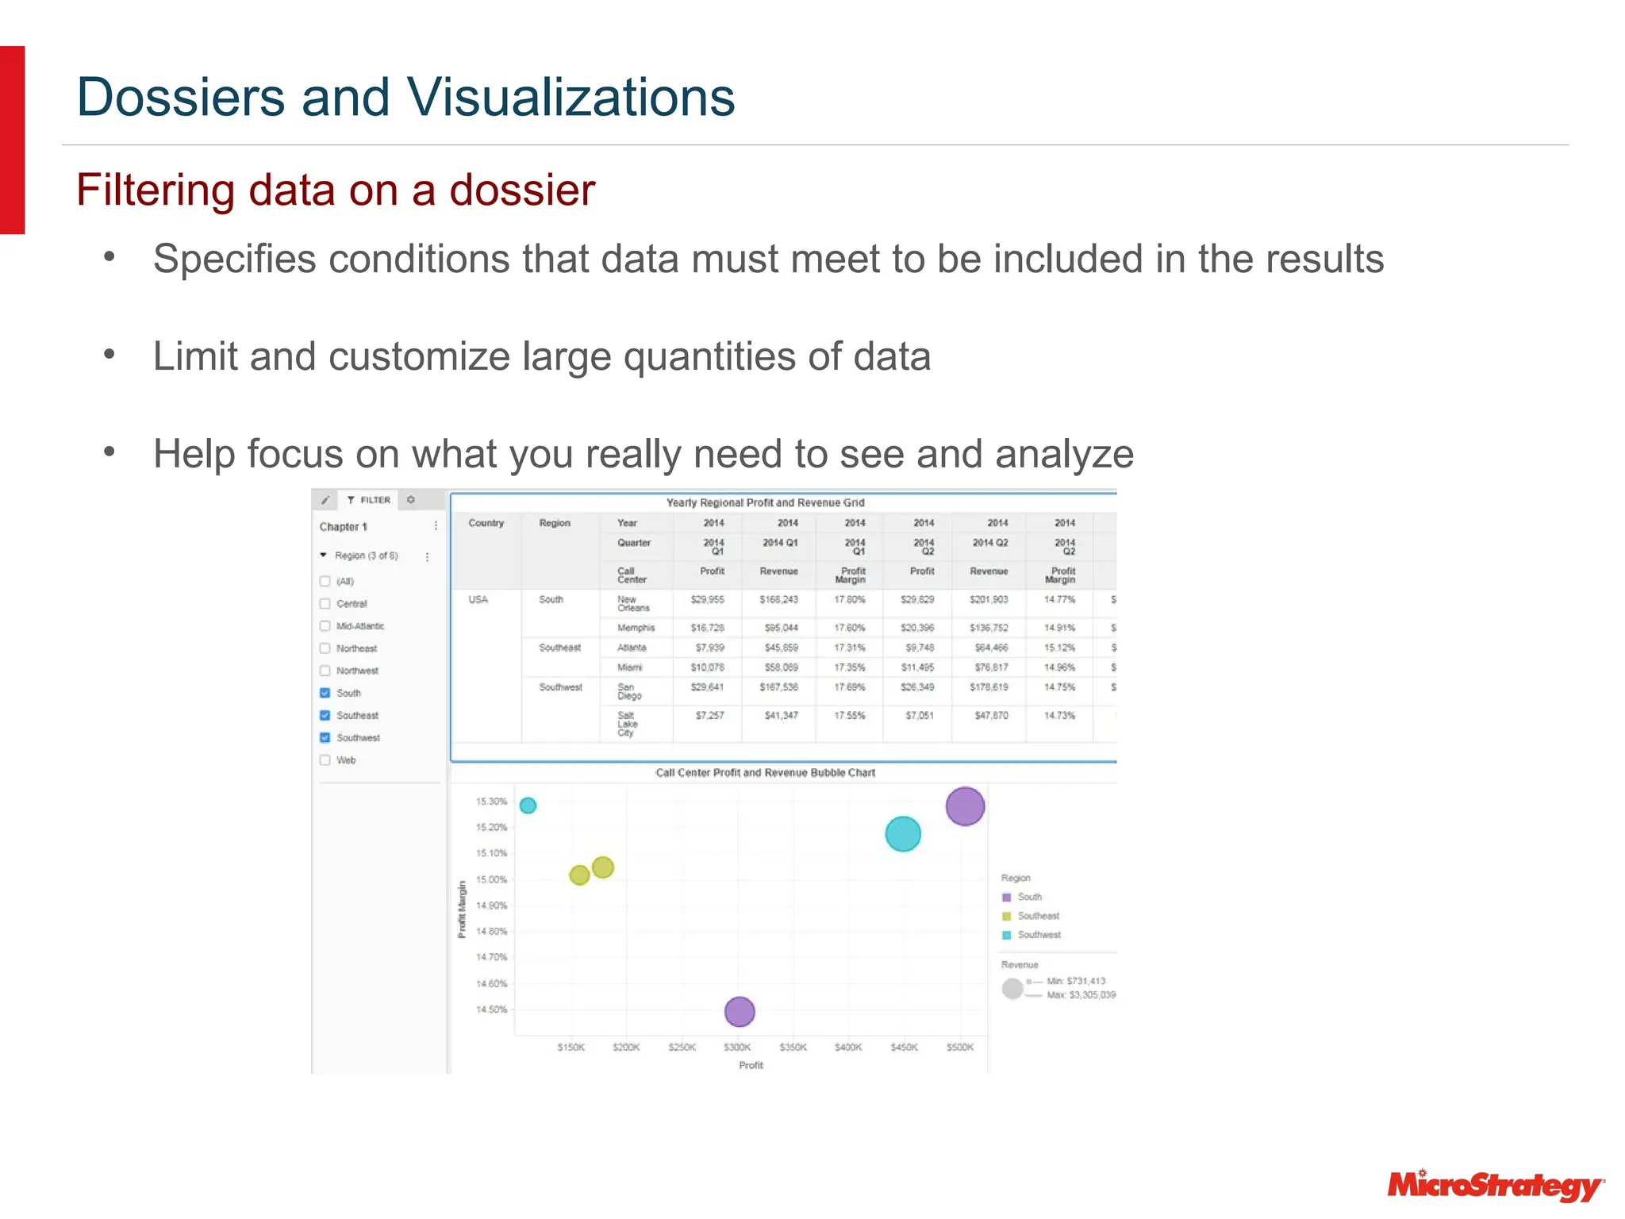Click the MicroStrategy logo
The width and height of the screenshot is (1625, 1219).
tap(1495, 1185)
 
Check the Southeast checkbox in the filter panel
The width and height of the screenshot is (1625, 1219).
tap(325, 715)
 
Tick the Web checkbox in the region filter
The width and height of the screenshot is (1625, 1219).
tap(325, 759)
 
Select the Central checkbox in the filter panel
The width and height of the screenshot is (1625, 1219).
tap(325, 603)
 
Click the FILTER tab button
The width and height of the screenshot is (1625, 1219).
tap(369, 500)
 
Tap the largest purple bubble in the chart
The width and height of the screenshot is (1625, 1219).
tap(965, 806)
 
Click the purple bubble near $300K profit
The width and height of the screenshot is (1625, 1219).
tap(740, 1012)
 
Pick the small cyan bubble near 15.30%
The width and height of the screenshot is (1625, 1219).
tap(528, 806)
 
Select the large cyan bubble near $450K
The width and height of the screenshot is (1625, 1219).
tap(902, 834)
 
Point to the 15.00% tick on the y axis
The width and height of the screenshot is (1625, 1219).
tap(491, 879)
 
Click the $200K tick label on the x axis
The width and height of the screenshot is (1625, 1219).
tap(626, 1048)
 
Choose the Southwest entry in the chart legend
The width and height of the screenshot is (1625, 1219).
tap(1039, 935)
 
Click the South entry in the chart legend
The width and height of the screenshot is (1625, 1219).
tap(1029, 897)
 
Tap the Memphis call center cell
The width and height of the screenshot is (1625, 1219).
tap(636, 628)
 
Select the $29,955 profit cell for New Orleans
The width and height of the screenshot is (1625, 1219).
tap(708, 600)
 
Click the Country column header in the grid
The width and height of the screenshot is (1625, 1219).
tap(486, 523)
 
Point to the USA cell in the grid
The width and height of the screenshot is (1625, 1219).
tap(478, 600)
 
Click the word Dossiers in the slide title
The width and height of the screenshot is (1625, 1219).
tap(181, 98)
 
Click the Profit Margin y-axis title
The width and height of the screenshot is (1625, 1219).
tap(462, 909)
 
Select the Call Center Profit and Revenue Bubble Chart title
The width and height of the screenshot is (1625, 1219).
tap(765, 773)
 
